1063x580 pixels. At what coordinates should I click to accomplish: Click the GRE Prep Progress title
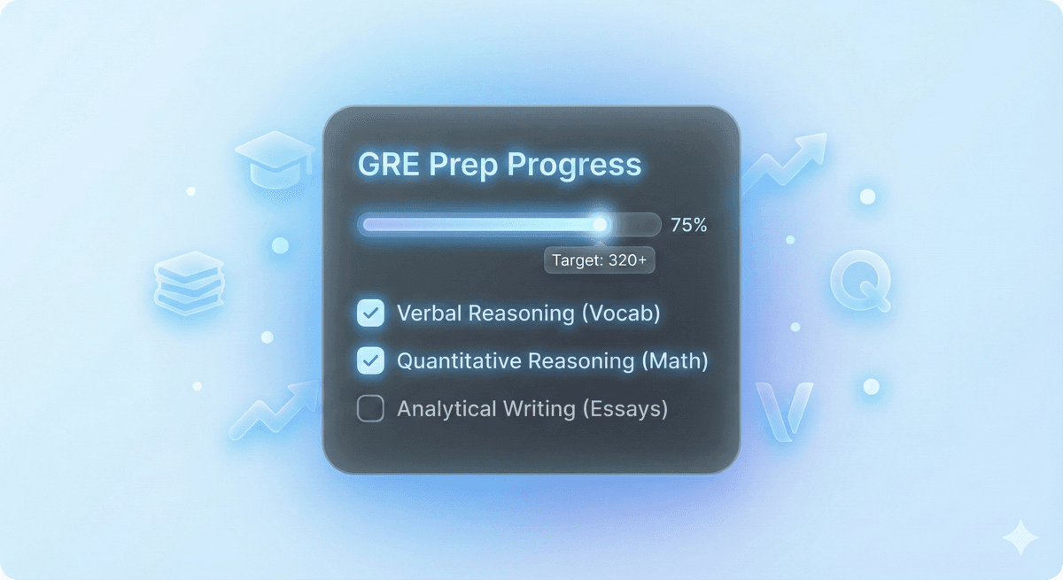tap(499, 165)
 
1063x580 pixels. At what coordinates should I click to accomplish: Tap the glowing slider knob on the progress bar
tap(601, 224)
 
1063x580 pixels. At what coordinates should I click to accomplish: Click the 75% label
tap(688, 225)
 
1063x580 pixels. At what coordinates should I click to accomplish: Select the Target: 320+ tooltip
tap(599, 260)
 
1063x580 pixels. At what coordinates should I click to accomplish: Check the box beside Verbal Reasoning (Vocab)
tap(370, 313)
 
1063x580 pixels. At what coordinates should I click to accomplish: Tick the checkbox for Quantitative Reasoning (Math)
tap(370, 360)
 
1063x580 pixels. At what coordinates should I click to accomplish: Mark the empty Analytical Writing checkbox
tap(370, 408)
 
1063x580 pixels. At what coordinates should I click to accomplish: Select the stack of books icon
tap(190, 282)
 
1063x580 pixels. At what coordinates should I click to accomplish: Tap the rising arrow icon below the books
tap(273, 409)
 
